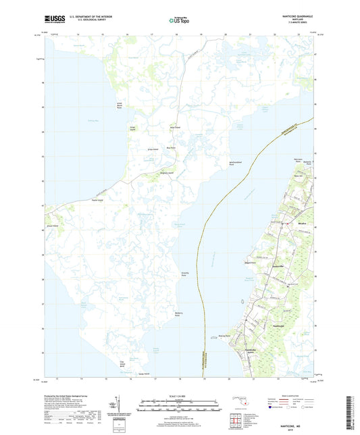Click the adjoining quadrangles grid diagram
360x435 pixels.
(x=237, y=413)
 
